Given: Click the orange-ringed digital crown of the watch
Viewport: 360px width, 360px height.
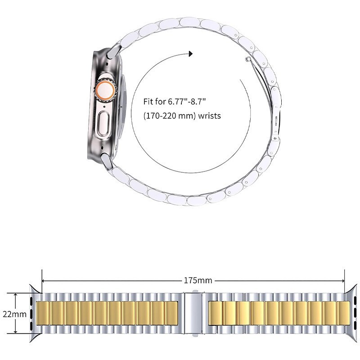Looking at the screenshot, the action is coord(104,89).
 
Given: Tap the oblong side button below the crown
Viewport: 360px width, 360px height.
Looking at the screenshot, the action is coord(103,123).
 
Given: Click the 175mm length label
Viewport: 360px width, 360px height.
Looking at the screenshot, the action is coord(198,280).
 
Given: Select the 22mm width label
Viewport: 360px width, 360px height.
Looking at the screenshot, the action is coord(14,314).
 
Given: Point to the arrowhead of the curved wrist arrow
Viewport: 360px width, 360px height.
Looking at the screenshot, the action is coord(190,54).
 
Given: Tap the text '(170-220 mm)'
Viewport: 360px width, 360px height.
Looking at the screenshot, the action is coord(170,116).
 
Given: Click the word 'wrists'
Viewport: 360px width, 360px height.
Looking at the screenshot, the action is coord(209,116).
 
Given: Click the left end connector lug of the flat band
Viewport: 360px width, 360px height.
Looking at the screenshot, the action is coord(35,314).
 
